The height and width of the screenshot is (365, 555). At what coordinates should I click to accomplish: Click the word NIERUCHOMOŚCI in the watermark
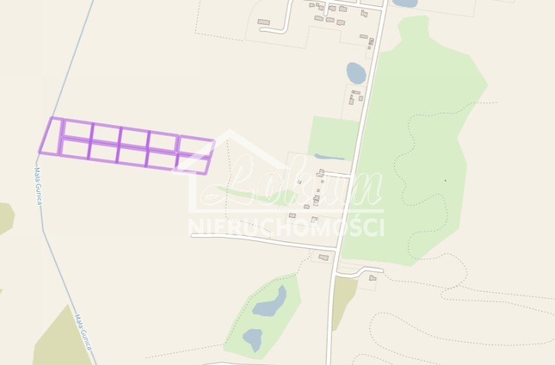point(286,228)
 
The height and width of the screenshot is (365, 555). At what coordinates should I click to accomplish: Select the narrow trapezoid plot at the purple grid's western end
point(51,135)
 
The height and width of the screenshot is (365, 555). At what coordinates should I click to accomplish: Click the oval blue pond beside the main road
point(356,72)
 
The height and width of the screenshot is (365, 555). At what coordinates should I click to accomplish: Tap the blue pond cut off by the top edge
point(405,3)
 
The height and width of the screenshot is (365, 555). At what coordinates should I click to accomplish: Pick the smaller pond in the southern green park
point(252,338)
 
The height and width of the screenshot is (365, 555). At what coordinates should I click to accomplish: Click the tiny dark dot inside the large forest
point(445,180)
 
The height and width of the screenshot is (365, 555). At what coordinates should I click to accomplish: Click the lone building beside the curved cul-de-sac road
point(264,22)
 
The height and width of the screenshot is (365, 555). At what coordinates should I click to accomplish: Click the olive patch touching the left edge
point(5,217)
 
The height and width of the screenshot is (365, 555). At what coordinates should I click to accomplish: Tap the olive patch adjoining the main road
point(343,299)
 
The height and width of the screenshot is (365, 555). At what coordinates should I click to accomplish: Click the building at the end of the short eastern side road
point(372,278)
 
